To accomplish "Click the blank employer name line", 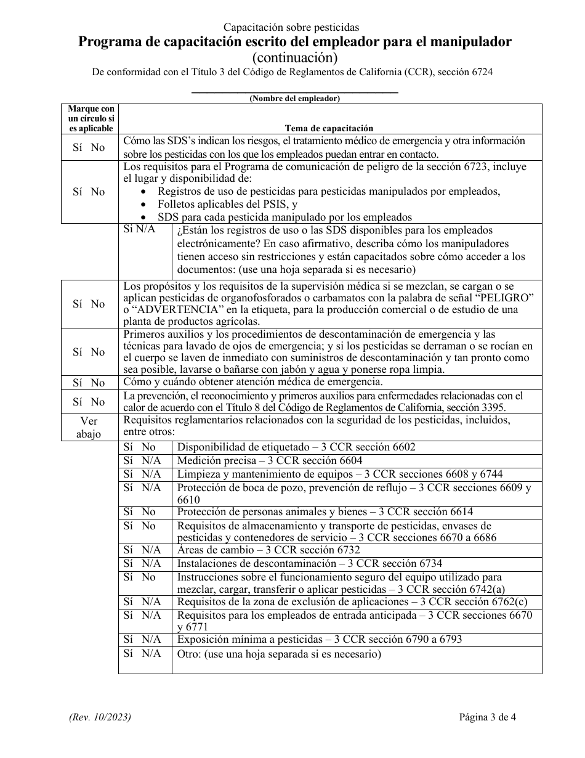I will point(295,92).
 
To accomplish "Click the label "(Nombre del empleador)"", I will point(294,98).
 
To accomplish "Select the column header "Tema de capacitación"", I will point(329,128).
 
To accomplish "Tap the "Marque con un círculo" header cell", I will point(91,118).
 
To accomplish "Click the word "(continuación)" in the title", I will point(295,57).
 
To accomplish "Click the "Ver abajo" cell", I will point(89,426).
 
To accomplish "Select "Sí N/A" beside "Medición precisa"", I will point(142,460).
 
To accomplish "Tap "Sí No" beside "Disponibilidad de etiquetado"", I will point(140,447).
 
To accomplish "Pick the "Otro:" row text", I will point(190,654).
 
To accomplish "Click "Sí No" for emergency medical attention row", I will point(89,383).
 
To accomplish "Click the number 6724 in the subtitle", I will point(480,72).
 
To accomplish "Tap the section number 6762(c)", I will point(505,601).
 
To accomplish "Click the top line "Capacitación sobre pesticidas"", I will point(291,27).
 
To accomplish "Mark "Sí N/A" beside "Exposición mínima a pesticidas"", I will point(142,639).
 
